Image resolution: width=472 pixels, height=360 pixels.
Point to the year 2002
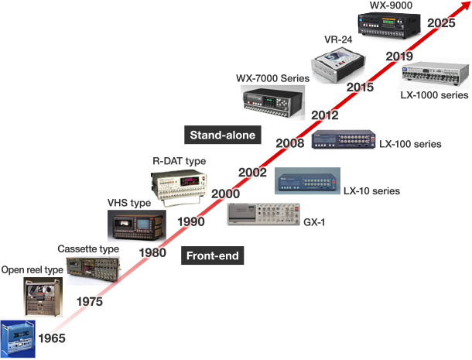pyautogui.click(x=253, y=173)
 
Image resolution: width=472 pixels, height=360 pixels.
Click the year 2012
pyautogui.click(x=325, y=115)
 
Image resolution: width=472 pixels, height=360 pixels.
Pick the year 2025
pyautogui.click(x=441, y=23)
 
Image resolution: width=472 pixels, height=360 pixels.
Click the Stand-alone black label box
pyautogui.click(x=223, y=135)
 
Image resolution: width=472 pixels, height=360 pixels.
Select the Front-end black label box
pyautogui.click(x=211, y=255)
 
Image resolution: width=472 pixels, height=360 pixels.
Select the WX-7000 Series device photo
pyautogui.click(x=272, y=102)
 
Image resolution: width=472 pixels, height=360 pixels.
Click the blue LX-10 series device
pyautogui.click(x=306, y=183)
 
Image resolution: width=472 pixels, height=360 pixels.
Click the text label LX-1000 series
pyautogui.click(x=434, y=95)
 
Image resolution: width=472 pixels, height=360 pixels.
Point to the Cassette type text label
pyautogui.click(x=88, y=249)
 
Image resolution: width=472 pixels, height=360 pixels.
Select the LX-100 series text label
pyautogui.click(x=410, y=144)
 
